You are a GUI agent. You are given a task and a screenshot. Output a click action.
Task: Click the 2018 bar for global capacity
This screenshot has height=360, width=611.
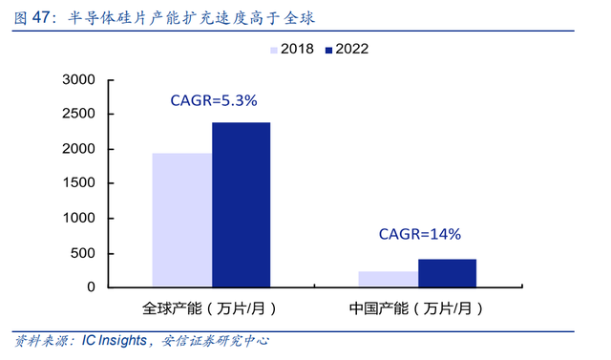(182, 221)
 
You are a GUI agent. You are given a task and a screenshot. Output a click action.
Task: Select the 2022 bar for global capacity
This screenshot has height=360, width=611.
(242, 205)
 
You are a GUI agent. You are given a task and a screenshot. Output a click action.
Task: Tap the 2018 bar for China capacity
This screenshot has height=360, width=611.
(389, 280)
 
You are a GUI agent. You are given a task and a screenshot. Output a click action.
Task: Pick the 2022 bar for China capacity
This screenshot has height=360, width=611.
(448, 273)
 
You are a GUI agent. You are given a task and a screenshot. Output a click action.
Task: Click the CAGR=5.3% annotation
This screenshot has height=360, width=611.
(214, 100)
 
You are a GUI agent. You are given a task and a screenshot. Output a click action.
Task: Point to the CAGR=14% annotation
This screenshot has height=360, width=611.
(420, 234)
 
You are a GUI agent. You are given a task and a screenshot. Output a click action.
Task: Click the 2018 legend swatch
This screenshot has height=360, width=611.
(274, 50)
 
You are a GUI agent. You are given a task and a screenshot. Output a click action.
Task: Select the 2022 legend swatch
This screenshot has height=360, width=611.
(328, 50)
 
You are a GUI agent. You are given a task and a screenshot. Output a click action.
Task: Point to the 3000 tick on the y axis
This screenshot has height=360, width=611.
(78, 79)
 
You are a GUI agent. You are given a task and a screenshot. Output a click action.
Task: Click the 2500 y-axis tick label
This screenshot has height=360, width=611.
(78, 114)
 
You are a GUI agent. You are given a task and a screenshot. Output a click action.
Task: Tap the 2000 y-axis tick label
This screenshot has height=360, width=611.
(78, 149)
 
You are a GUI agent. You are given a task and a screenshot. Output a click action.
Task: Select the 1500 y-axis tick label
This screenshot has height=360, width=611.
(78, 182)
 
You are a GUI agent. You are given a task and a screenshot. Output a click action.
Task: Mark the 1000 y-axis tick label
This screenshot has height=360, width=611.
(78, 218)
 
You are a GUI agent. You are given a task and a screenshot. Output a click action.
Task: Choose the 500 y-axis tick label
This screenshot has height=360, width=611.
(83, 253)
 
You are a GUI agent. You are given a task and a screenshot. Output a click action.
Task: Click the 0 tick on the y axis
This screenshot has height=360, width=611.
(92, 287)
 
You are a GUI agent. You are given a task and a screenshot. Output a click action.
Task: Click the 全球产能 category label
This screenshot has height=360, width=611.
(172, 308)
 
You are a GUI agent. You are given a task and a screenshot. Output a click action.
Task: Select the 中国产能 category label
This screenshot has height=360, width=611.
(379, 308)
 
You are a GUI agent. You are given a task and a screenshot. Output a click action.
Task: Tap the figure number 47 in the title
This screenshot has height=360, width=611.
(41, 17)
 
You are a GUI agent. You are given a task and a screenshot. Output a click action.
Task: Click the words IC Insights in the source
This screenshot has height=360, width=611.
(115, 341)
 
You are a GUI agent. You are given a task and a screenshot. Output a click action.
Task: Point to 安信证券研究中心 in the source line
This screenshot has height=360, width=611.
(215, 341)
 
